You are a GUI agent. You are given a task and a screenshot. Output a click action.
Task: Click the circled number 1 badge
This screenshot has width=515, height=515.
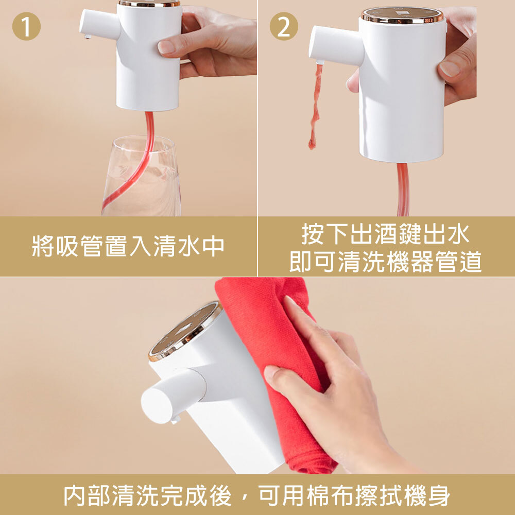pyautogui.click(x=26, y=27)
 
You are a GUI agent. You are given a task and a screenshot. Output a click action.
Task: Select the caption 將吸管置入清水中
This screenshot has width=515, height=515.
pyautogui.click(x=128, y=246)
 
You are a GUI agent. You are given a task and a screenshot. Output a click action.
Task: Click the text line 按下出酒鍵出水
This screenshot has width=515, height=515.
pyautogui.click(x=386, y=235)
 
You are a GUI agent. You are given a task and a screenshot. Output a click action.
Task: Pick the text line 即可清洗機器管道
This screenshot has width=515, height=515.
pyautogui.click(x=386, y=262)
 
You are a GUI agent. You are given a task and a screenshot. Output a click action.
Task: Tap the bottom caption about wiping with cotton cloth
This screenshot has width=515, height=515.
pyautogui.click(x=257, y=495)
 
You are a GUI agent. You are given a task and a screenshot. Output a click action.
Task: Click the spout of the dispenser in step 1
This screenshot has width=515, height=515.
pyautogui.click(x=98, y=23)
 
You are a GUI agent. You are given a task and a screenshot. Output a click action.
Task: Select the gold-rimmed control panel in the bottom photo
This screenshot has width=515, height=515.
pyautogui.click(x=185, y=330)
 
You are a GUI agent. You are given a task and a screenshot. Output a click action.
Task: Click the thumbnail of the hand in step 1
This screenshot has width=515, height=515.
pyautogui.click(x=166, y=47)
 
